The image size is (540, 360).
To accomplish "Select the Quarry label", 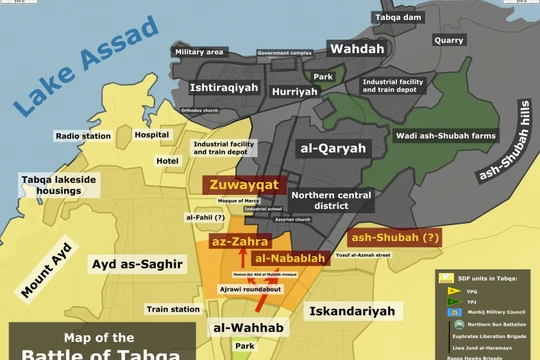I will [x=449, y=41].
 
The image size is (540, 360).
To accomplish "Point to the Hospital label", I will [x=152, y=134].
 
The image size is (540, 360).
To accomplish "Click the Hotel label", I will [x=168, y=161].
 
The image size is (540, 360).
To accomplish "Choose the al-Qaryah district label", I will [x=333, y=148].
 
